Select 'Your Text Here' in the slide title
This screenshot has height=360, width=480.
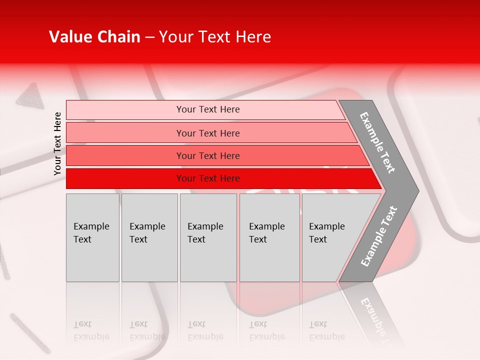[x=215, y=37]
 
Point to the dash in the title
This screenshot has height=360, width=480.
[x=149, y=37]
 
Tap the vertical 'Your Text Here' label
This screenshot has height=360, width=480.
[x=57, y=143]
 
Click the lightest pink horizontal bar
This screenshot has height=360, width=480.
[x=207, y=109]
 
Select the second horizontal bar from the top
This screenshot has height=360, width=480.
[x=207, y=133]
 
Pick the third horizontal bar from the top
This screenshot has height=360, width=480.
[x=207, y=155]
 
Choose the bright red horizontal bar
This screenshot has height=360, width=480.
[x=207, y=178]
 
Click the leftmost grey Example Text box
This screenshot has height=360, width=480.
[x=92, y=237]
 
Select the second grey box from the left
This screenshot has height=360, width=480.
[x=149, y=237]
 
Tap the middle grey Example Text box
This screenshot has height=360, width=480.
[x=208, y=237]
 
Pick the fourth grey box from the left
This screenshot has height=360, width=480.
[x=269, y=237]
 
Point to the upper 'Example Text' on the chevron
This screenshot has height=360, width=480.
[x=377, y=142]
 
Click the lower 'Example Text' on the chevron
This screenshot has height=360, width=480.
[x=379, y=236]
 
